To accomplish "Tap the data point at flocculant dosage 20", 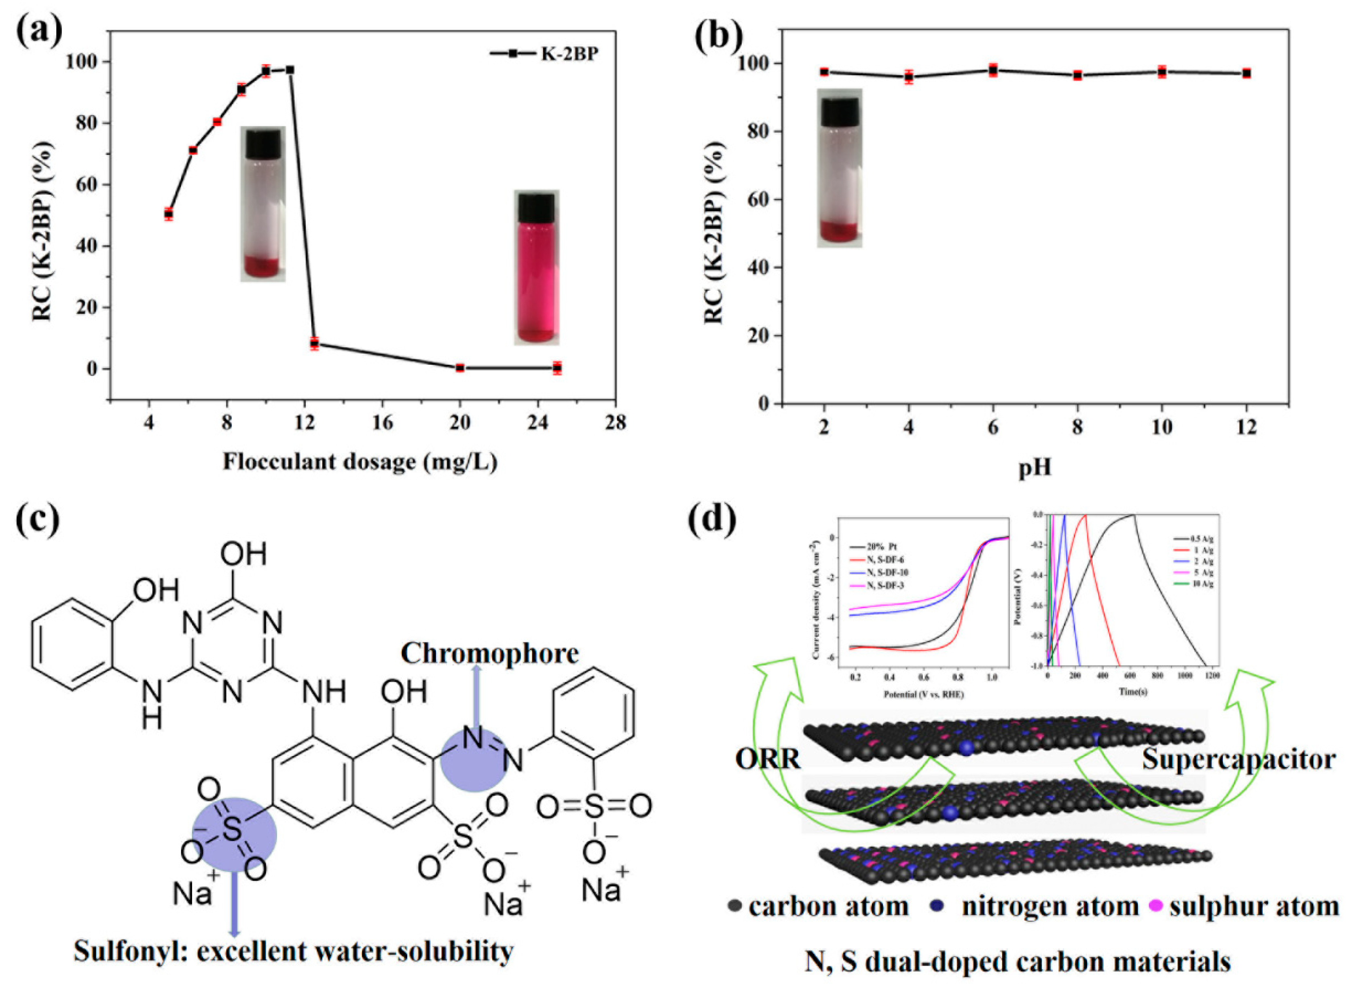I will click(460, 368).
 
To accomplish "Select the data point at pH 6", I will click(993, 70).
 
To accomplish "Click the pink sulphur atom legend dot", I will click(1156, 907).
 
